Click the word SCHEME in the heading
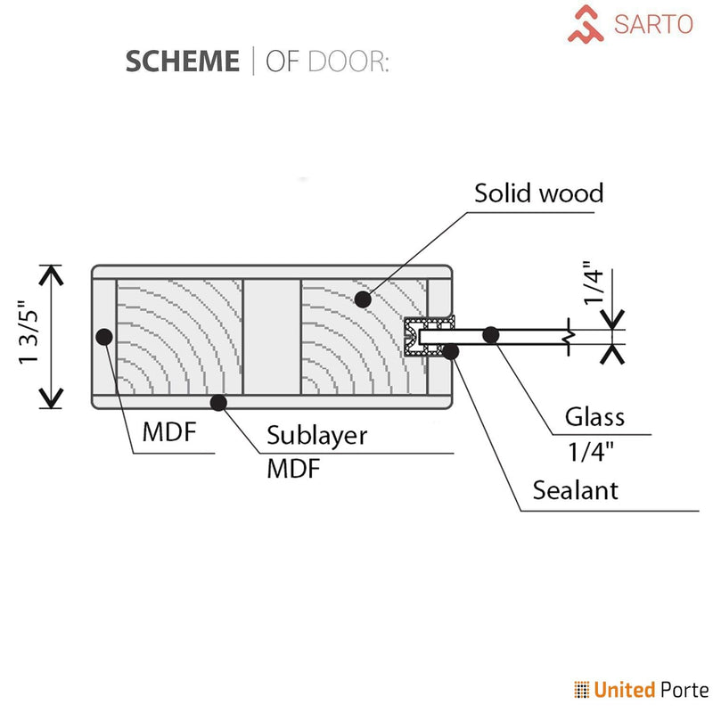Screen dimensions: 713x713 point(182,61)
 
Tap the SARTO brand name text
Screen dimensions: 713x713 point(653,23)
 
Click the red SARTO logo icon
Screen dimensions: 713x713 point(587,24)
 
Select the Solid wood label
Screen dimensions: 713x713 point(538,193)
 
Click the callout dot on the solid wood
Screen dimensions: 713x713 point(363,299)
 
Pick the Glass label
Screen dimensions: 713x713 point(594,416)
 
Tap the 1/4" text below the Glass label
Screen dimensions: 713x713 point(593,452)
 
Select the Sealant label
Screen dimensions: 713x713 point(575,489)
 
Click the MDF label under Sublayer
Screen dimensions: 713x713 point(293,470)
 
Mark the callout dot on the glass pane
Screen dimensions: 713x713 point(489,335)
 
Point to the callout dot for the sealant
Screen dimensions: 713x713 point(451,351)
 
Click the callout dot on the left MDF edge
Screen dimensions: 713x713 point(104,337)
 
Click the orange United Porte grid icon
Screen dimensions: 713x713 point(582,689)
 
